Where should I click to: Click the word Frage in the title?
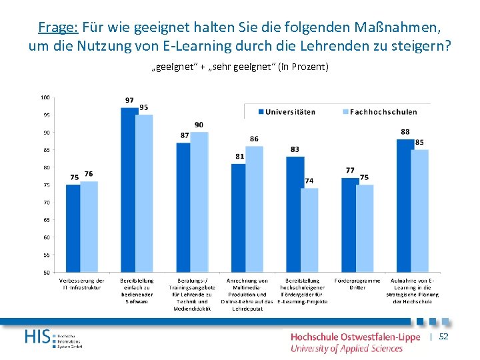pos(58,27)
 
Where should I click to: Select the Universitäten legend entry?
pos(286,112)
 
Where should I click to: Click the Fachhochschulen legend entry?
pos(378,112)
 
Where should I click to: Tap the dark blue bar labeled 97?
pos(129,189)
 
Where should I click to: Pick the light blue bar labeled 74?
pos(309,230)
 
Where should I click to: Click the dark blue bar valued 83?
pos(295,214)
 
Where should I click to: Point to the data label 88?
pos(405,132)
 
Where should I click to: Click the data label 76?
pos(89,174)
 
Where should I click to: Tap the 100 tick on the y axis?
pos(45,97)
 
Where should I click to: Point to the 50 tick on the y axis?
pos(46,272)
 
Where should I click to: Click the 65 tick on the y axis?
pos(46,219)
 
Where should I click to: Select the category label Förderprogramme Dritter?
pos(357,284)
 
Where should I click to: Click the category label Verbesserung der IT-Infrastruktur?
pos(81,284)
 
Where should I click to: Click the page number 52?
pos(443,337)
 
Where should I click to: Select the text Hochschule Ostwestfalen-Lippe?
pos(355,337)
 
